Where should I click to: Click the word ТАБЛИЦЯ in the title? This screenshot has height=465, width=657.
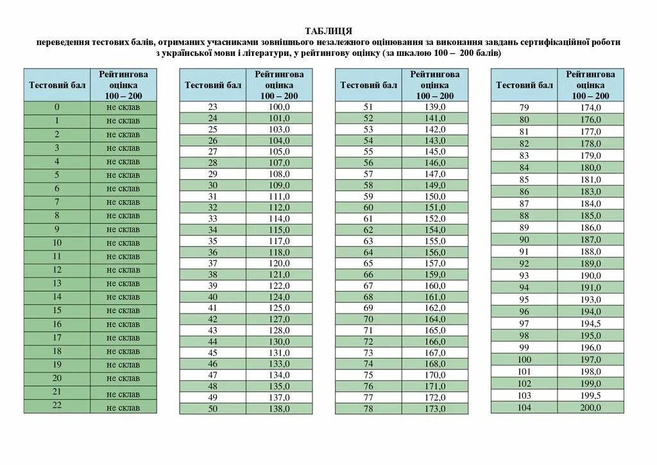point(328,31)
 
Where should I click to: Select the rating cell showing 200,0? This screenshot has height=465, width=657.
point(590,408)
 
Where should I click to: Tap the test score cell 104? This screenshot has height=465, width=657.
point(524,408)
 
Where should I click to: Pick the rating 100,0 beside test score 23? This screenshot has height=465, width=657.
point(279,107)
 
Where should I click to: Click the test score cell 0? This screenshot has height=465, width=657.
point(57,107)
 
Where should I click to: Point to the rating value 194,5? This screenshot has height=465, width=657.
point(590,323)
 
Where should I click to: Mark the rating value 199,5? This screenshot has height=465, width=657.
point(590,396)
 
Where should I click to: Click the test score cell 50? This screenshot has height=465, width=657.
point(213,408)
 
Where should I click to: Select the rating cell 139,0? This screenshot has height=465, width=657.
point(435,107)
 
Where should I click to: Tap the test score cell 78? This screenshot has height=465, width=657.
point(368,408)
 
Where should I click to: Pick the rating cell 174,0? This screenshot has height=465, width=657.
point(590,107)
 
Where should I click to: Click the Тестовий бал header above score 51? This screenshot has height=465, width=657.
point(368,85)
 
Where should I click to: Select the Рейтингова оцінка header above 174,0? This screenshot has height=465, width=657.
point(590,85)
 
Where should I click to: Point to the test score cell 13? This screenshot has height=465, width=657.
point(57,283)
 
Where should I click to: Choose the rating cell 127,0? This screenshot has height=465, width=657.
point(279,319)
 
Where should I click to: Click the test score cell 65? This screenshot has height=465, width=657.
point(368,263)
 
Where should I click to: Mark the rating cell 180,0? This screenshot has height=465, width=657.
point(590,168)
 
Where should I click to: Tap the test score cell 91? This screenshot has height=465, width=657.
point(524,251)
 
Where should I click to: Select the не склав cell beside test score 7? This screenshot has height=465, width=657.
point(123,202)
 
